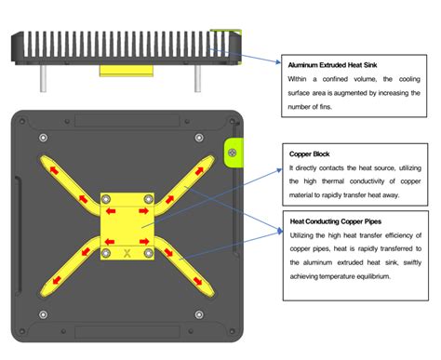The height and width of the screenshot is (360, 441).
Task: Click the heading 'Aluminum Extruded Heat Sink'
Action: pyautogui.click(x=332, y=65)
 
